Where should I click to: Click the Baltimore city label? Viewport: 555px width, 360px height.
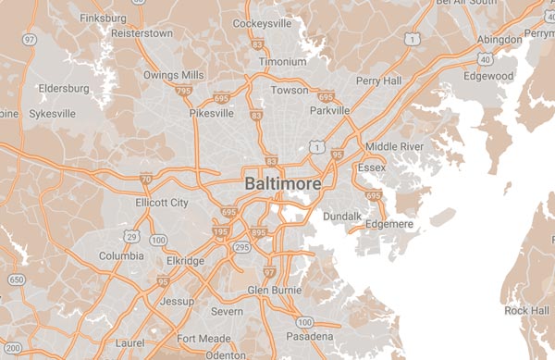[283, 184]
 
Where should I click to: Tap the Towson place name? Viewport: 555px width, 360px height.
[289, 91]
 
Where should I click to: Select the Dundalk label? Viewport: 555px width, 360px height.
[342, 217]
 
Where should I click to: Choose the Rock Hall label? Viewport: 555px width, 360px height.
[526, 310]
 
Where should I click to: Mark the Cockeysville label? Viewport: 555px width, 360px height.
[263, 23]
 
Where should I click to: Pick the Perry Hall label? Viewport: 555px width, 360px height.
[380, 81]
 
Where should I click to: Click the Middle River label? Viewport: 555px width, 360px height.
[394, 146]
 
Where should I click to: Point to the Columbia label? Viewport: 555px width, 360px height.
[122, 255]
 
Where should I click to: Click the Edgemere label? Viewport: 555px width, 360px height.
[390, 223]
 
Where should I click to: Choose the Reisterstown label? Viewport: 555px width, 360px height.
[142, 33]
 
